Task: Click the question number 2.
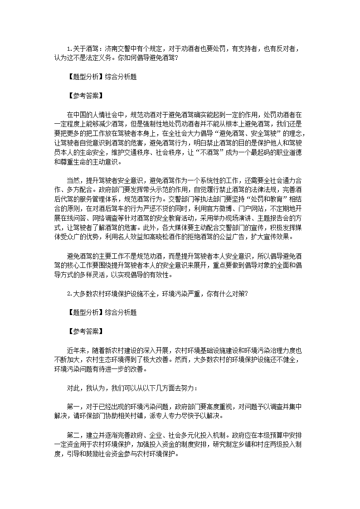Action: tap(69, 293)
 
